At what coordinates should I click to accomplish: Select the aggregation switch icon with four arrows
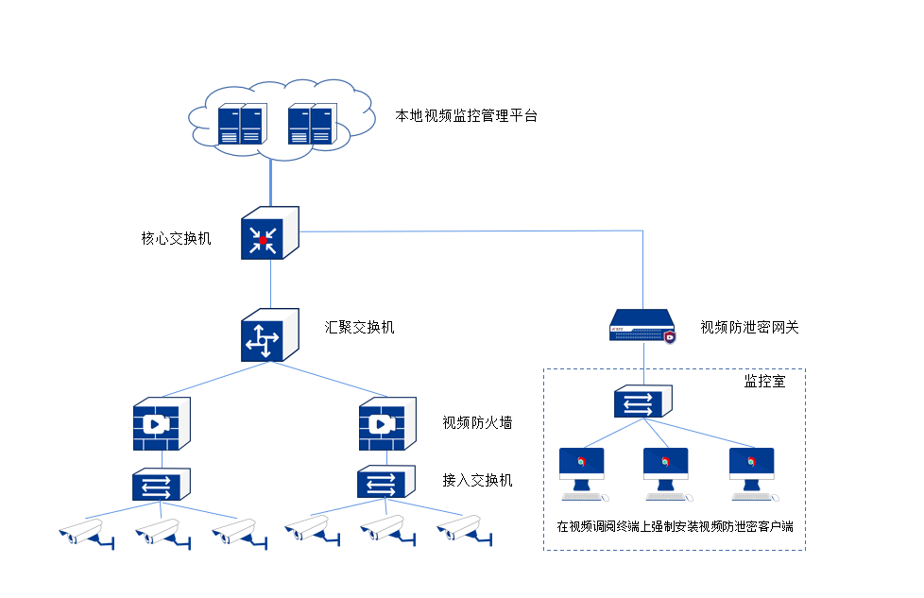(269, 335)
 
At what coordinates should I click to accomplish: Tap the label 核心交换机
(176, 238)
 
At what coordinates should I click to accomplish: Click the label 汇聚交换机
(359, 328)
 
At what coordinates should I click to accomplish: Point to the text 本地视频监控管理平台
(466, 116)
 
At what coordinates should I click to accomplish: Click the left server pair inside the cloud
(242, 124)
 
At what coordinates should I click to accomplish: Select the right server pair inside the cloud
(312, 124)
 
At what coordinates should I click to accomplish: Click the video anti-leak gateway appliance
(645, 326)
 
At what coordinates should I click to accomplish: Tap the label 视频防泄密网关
(749, 328)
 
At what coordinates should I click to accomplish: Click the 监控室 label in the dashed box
(764, 383)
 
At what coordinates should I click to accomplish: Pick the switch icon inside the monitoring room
(643, 402)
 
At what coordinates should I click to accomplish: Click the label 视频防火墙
(477, 422)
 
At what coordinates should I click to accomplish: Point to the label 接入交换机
(477, 480)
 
